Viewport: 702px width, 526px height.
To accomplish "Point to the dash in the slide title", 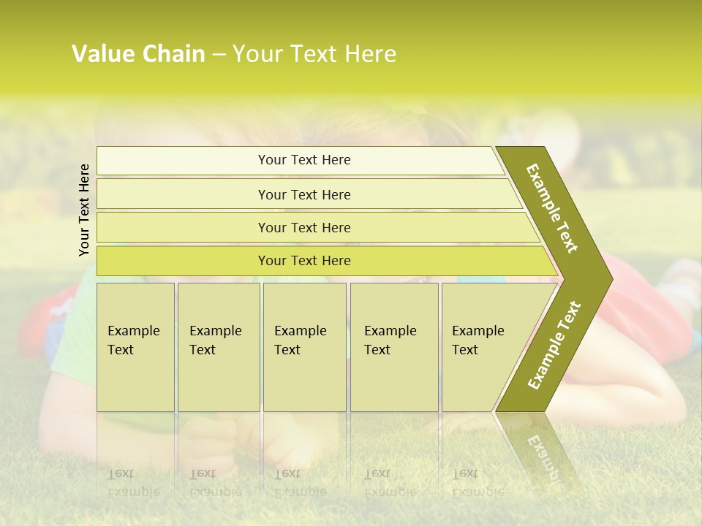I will pos(219,55).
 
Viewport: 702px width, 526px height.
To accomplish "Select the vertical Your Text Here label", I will pos(84,210).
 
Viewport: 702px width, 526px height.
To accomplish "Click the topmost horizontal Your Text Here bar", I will pos(303,160).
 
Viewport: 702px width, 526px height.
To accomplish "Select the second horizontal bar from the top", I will pos(303,194).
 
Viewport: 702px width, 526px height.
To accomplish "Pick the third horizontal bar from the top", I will pos(303,227).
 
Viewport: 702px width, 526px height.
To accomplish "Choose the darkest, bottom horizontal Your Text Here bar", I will pos(303,261).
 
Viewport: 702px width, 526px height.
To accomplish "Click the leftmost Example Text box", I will pos(135,346).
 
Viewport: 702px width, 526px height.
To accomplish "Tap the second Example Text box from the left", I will pos(218,346).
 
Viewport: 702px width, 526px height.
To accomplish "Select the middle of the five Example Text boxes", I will pos(304,346).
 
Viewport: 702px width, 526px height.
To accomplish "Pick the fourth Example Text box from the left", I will pos(393,346).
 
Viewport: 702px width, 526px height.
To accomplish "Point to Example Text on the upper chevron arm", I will pos(552,208).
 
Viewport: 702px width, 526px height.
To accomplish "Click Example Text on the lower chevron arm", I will pos(554,346).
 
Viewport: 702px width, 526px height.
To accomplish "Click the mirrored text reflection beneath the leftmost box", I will pos(133,482).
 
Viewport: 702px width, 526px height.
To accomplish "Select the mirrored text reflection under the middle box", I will pos(300,482).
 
